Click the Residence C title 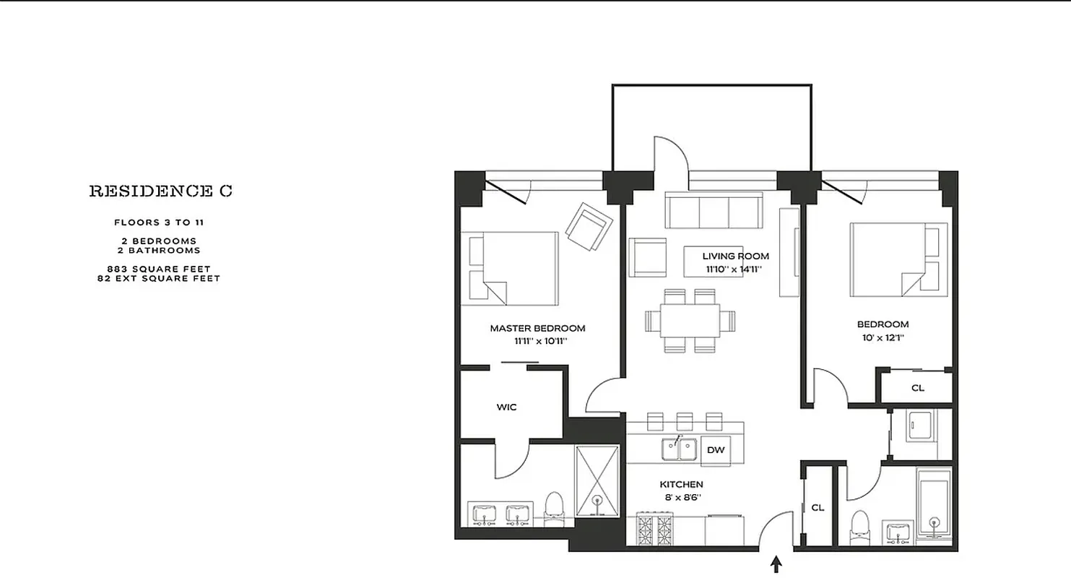tap(160, 191)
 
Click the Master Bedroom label tap(537, 328)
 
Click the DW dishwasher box tap(715, 450)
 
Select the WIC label tap(506, 407)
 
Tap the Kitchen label tap(681, 484)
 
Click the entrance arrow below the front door tap(777, 564)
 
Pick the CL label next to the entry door tap(818, 508)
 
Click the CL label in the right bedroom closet tap(917, 388)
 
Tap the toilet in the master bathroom tap(554, 506)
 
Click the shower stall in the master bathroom tap(597, 480)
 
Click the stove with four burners tap(654, 530)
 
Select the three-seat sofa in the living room tap(714, 210)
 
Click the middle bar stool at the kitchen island tap(685, 421)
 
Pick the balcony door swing tap(669, 153)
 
